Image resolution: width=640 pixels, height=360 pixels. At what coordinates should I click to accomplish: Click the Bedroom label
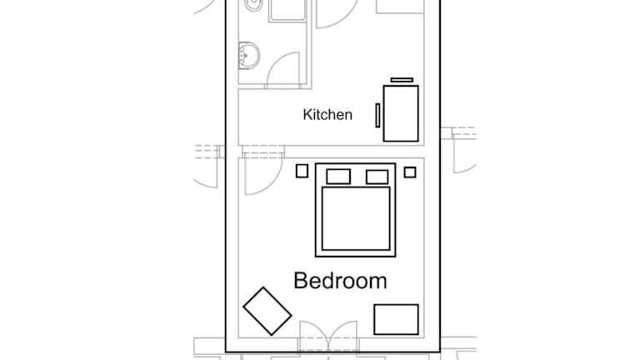(x=340, y=281)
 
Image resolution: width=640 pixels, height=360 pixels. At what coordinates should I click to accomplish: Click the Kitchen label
(x=327, y=115)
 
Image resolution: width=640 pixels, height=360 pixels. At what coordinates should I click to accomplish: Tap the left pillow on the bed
(x=338, y=177)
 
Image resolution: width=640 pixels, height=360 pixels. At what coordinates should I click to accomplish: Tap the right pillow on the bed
(x=377, y=177)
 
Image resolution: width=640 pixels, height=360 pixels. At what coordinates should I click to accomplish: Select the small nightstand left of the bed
(x=302, y=171)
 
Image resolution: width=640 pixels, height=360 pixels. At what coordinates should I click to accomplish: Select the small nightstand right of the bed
(x=410, y=172)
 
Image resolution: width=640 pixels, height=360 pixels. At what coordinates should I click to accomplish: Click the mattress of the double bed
(x=356, y=218)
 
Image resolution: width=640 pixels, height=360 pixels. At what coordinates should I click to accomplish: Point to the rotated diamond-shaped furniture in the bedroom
(x=267, y=311)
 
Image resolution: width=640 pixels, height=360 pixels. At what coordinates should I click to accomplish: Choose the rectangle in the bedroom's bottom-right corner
(x=396, y=320)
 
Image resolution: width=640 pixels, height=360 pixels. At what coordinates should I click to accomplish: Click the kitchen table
(x=401, y=113)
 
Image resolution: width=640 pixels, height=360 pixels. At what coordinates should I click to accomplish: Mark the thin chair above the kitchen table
(x=402, y=80)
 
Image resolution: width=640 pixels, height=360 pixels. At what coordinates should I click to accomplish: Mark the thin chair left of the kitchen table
(x=377, y=116)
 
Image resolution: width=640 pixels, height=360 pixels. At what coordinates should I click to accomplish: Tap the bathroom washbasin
(x=249, y=55)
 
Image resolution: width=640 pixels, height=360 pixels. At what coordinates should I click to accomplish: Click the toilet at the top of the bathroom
(x=253, y=5)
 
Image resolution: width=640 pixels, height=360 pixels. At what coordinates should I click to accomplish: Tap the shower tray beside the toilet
(x=287, y=10)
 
